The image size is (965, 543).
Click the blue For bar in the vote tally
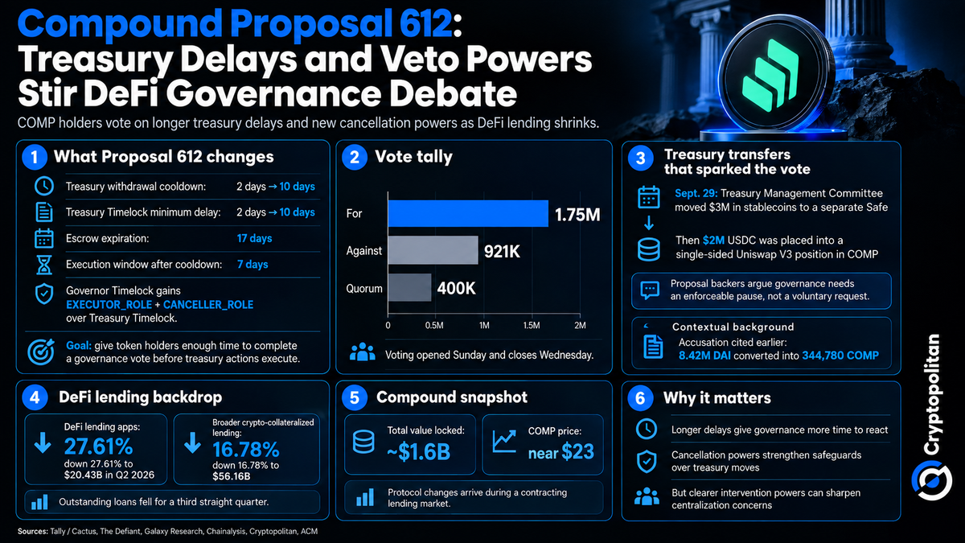click(x=468, y=213)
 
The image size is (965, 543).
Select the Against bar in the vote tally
click(x=433, y=250)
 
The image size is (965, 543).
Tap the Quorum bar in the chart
click(x=409, y=287)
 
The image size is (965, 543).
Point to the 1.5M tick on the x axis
click(x=532, y=325)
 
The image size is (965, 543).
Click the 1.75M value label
click(x=577, y=215)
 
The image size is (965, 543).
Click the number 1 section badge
click(x=35, y=158)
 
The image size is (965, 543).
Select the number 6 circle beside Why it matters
click(x=640, y=397)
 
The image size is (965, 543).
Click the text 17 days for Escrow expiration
click(x=254, y=238)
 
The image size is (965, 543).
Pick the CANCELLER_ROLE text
click(x=208, y=305)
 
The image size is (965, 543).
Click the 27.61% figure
click(x=99, y=446)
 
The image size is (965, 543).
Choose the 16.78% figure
click(x=246, y=450)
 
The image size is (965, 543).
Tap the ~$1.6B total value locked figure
click(x=418, y=452)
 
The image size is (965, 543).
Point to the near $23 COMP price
click(x=561, y=452)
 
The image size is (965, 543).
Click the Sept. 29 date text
click(x=696, y=194)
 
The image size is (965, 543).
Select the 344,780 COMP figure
click(x=840, y=356)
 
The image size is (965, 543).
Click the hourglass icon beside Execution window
click(x=44, y=265)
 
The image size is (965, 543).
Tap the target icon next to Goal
click(x=41, y=352)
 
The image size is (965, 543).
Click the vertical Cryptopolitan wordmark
click(x=932, y=394)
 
